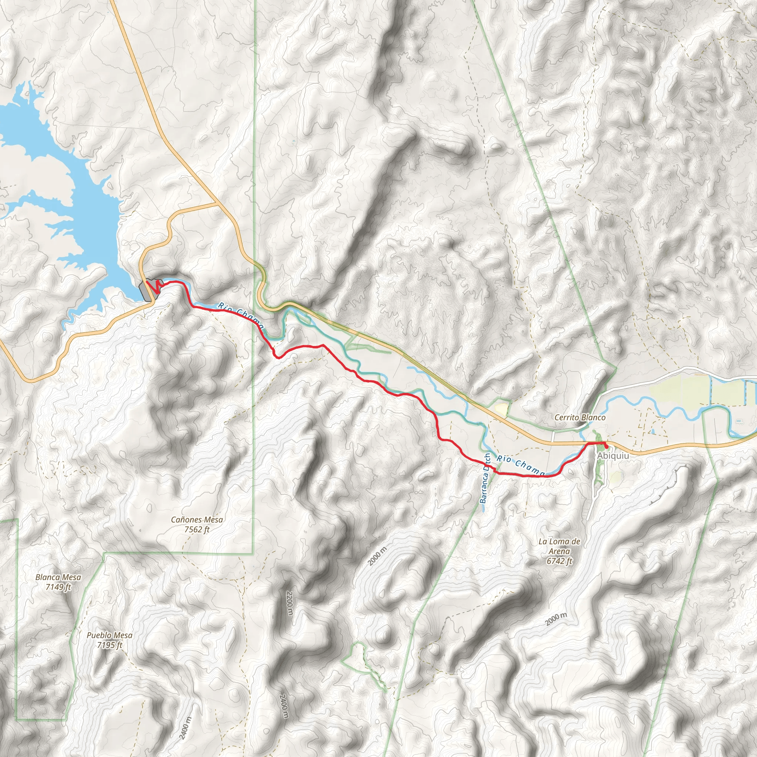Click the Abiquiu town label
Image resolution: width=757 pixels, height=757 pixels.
point(613,456)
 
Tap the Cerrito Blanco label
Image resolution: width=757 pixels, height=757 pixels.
point(580,418)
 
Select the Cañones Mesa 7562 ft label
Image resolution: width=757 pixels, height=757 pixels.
point(197,525)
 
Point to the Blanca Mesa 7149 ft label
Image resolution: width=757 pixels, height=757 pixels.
point(58,582)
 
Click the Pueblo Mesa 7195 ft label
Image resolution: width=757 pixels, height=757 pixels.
point(110,640)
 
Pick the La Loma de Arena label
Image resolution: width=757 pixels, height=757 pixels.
point(559,551)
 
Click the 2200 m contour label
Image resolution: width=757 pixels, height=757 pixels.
point(289,603)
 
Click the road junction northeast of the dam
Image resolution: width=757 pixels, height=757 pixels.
point(218,204)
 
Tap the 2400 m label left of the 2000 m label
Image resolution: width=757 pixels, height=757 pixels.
point(286,707)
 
